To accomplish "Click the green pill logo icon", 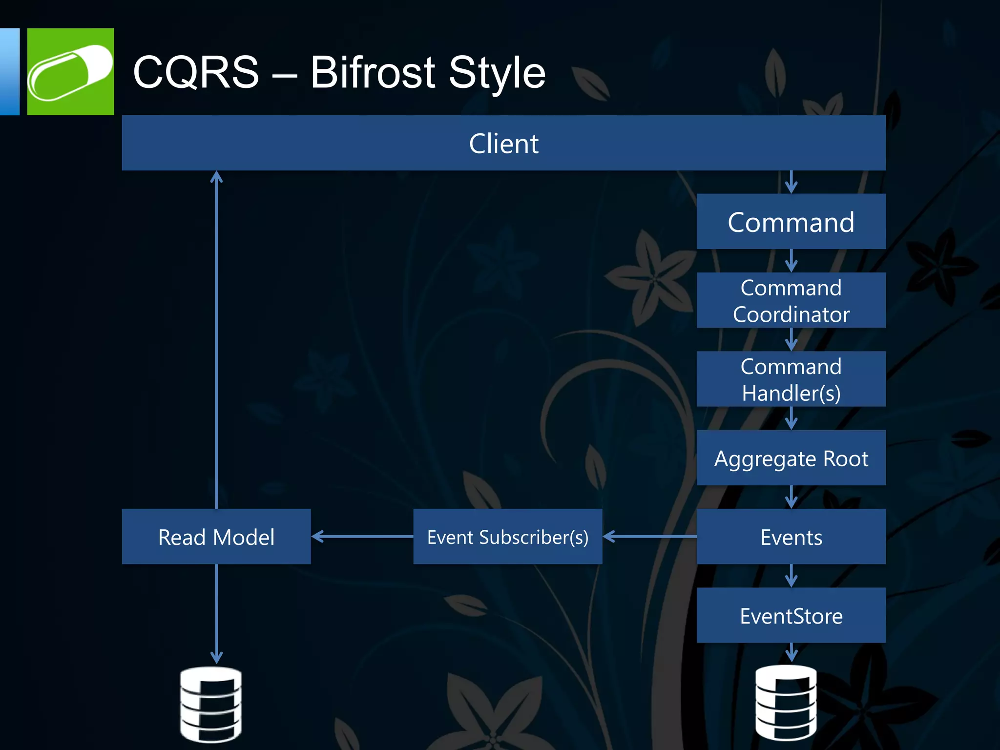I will [x=70, y=72].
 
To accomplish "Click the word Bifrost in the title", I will [x=372, y=73].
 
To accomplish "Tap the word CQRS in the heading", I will [x=196, y=73].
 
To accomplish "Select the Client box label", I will [x=503, y=144].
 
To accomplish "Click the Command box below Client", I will [x=791, y=222].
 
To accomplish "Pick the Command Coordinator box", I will [x=791, y=300].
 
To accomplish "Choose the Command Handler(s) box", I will [x=791, y=379].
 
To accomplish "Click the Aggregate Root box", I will [x=791, y=458].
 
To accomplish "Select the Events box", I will [x=791, y=537].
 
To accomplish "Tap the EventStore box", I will [x=791, y=616].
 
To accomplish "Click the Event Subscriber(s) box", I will [x=507, y=537].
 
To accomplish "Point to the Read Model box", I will [x=216, y=537].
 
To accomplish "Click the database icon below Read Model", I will [x=211, y=704].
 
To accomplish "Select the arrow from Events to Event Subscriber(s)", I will [x=649, y=536].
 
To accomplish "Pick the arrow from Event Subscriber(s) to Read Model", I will [x=362, y=536].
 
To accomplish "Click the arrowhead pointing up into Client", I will [x=216, y=177].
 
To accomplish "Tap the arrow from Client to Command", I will [x=791, y=182].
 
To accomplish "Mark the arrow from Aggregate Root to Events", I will [x=791, y=497].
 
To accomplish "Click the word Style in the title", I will [x=497, y=73].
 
